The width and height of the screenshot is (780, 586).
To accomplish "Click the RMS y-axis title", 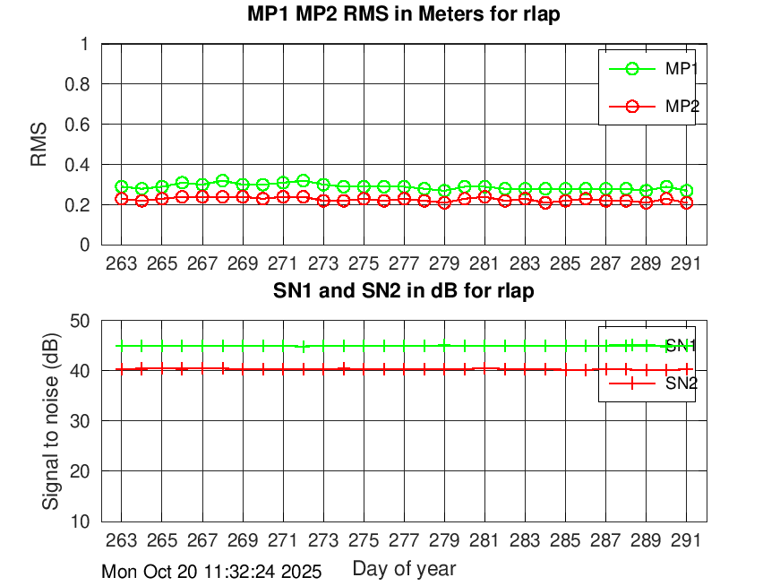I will [x=39, y=144].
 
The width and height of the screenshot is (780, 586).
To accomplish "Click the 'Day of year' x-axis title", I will [x=404, y=568].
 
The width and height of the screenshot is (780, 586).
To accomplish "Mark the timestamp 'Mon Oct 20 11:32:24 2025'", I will [x=211, y=571].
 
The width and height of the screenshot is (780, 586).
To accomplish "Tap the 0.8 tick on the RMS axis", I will [x=80, y=84].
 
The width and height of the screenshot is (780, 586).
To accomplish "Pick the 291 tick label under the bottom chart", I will [x=687, y=540].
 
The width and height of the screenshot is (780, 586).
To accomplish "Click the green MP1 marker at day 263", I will [x=121, y=186].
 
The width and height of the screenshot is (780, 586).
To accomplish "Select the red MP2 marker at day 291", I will [x=687, y=203].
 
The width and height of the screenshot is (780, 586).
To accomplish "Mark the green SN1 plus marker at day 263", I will [x=121, y=346].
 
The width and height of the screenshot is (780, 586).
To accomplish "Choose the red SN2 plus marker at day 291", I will [x=687, y=368].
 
